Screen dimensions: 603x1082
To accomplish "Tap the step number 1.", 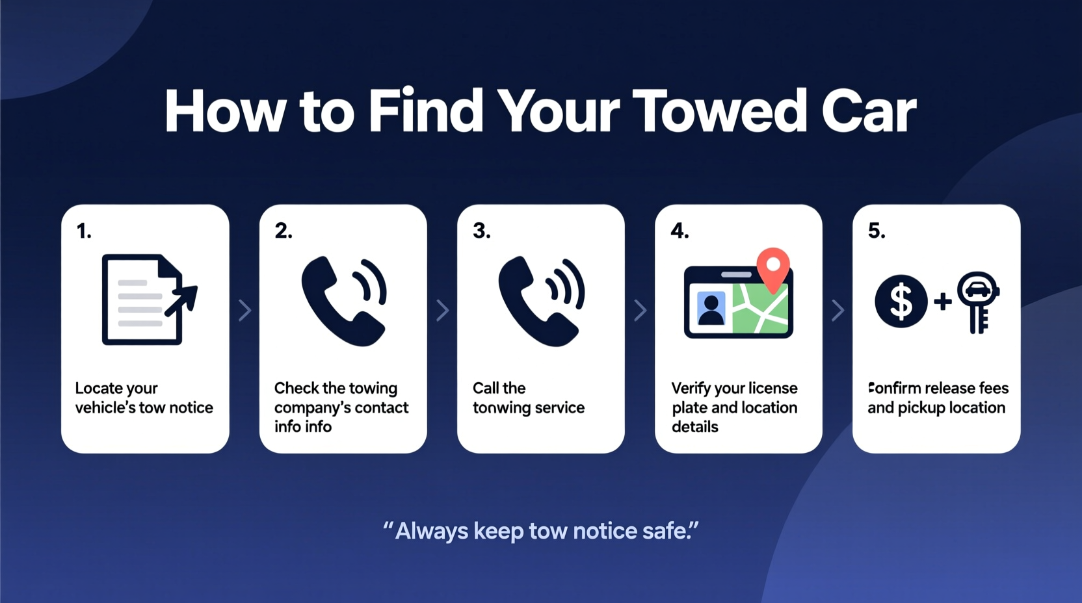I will [84, 231].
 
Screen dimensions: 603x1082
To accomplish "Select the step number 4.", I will [680, 231].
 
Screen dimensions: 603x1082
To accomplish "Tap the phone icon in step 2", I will [343, 300].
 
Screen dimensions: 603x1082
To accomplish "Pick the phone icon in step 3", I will [540, 300].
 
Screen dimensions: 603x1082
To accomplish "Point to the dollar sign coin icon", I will [901, 301].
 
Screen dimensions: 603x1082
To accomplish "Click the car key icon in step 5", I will [977, 301].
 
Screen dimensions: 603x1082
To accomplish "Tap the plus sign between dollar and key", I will [942, 301].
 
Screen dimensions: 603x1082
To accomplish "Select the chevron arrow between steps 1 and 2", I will [244, 311].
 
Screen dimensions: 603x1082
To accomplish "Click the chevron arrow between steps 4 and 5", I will [838, 311].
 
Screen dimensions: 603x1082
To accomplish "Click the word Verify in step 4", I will [691, 389].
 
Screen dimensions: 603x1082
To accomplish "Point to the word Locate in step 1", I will [99, 389].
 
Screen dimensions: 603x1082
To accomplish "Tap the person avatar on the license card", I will [711, 309].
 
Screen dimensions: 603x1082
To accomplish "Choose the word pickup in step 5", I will [921, 408].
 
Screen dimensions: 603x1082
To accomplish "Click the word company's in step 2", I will [314, 408].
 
